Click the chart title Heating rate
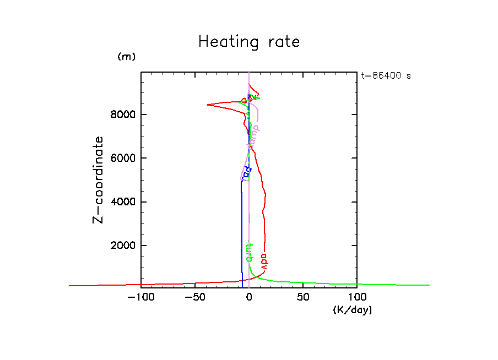[249, 42]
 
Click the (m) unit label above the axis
[126, 57]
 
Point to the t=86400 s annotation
[386, 75]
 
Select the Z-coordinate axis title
[99, 179]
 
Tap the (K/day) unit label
[353, 310]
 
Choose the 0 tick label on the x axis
[249, 298]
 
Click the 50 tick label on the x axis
[302, 298]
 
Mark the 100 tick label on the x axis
[356, 298]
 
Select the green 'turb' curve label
[248, 252]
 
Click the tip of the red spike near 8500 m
[207, 105]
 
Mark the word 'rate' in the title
[281, 42]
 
